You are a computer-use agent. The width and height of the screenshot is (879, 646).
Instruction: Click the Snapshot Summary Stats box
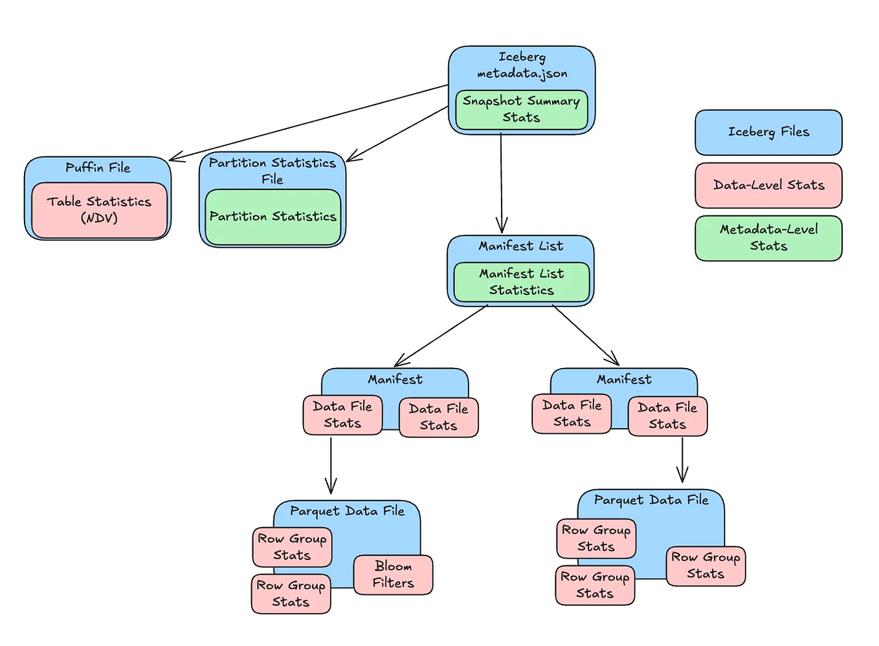(x=521, y=109)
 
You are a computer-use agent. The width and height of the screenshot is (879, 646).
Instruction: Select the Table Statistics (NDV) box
(x=99, y=210)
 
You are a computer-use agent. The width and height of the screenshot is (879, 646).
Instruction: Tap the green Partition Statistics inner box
(x=273, y=217)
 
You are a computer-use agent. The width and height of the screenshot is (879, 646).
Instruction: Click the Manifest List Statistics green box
(x=521, y=282)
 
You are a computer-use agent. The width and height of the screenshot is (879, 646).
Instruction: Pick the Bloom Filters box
(x=393, y=574)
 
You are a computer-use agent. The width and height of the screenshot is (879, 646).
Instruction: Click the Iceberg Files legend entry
(x=768, y=132)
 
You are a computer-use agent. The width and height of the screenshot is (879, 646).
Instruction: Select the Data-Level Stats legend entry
(x=768, y=185)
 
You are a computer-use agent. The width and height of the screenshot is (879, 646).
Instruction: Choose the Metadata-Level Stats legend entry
(x=768, y=237)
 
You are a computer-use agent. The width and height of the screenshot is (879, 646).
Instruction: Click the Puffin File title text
(x=98, y=167)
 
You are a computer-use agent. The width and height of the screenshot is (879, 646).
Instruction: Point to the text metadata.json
(x=522, y=74)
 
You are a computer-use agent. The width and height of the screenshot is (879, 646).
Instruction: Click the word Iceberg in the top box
(x=522, y=57)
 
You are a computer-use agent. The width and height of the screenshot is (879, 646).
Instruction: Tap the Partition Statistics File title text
(x=273, y=171)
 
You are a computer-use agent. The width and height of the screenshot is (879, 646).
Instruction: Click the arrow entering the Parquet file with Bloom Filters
(x=331, y=466)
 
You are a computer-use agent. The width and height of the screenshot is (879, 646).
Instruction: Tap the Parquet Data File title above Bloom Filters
(x=347, y=511)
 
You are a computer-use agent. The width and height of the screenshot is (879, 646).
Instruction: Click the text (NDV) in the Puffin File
(x=99, y=218)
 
